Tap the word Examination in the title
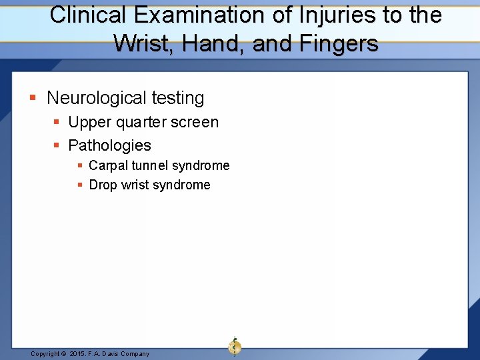point(184,15)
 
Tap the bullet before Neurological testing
point(33,98)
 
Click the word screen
point(196,123)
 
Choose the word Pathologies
point(110,145)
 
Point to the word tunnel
point(150,165)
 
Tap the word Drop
point(103,185)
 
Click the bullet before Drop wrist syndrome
point(80,185)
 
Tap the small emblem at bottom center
point(235,346)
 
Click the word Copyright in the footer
point(45,354)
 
